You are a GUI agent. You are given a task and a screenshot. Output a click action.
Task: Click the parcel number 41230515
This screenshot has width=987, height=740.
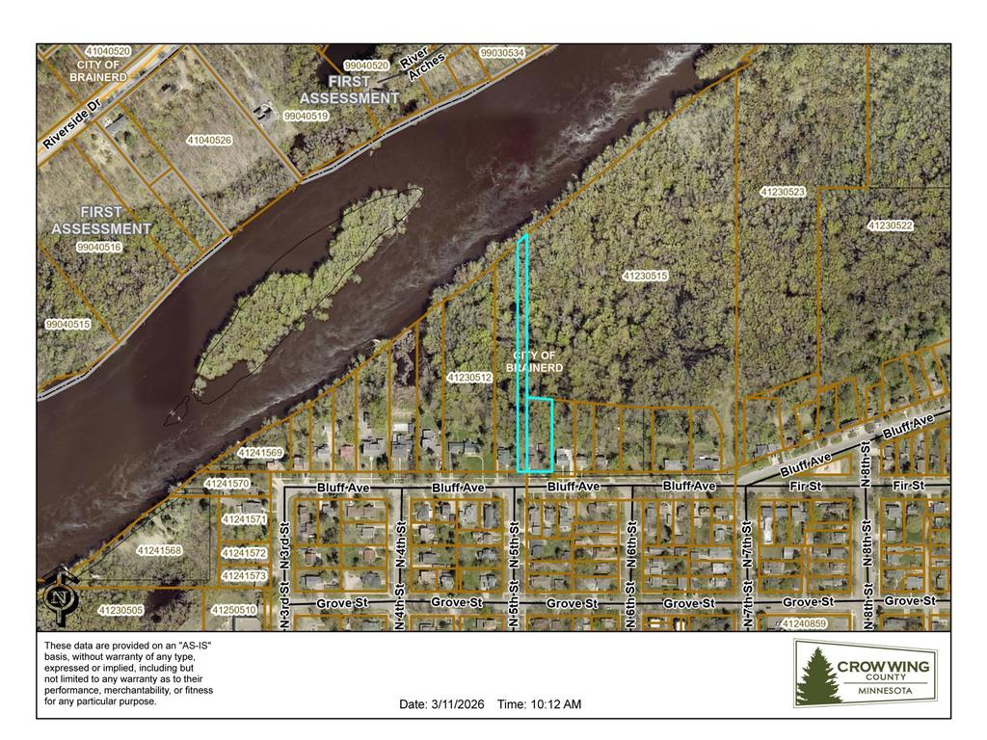645,277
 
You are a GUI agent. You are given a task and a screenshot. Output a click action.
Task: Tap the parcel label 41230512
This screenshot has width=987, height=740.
470,378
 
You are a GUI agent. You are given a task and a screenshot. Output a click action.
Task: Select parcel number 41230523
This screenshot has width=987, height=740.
782,192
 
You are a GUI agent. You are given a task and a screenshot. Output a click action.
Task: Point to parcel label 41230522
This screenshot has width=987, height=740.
890,225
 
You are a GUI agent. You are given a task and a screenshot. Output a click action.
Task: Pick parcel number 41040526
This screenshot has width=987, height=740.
209,141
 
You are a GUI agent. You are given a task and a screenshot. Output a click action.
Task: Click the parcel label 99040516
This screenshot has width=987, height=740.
98,248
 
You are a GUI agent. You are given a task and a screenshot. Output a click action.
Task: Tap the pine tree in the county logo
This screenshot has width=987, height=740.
818,675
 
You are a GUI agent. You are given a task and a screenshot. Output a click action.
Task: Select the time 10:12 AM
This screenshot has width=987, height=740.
539,704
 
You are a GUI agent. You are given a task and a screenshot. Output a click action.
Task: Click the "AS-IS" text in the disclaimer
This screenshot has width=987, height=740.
189,645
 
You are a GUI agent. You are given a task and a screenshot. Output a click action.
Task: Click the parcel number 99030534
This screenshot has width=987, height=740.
502,53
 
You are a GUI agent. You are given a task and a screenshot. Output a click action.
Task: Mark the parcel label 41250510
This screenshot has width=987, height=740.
234,610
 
